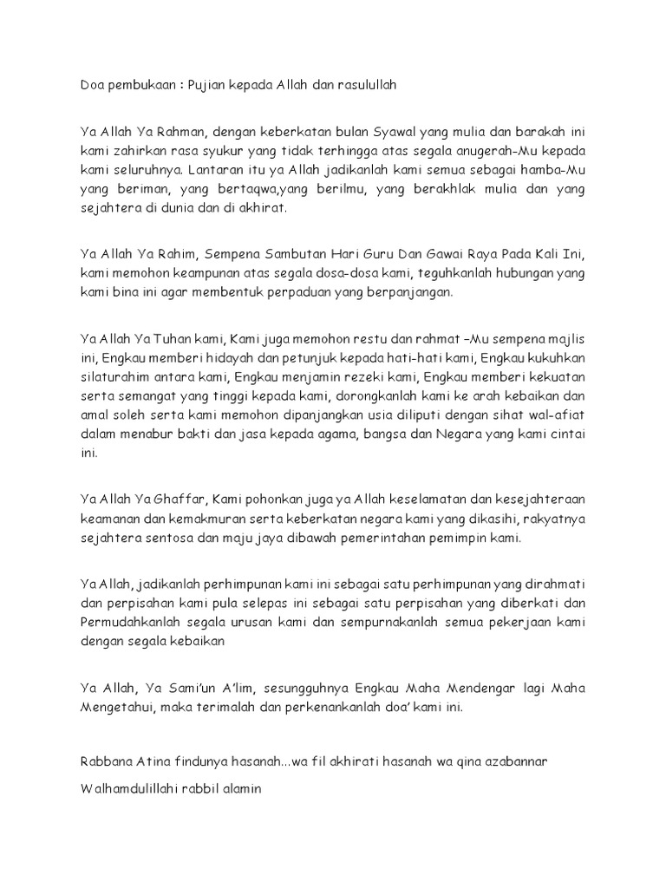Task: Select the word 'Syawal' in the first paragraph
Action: point(395,131)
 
